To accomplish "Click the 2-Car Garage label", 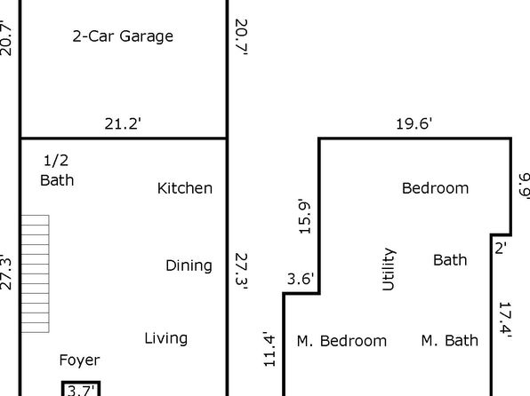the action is [123, 36].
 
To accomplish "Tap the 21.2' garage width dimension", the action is [123, 124].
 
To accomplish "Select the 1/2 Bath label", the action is [57, 170].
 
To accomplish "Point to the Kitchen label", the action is [185, 188].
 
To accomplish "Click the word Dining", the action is [189, 266].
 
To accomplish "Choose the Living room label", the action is [166, 338].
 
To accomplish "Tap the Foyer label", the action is [79, 360].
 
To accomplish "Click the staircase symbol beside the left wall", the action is [36, 273].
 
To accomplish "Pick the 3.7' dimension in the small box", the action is [81, 391].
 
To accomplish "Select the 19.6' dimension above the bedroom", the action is [414, 124].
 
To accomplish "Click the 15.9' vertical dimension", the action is [304, 217].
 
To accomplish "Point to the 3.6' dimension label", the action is [301, 279].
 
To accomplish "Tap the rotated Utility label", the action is [389, 269].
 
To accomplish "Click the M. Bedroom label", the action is [341, 341].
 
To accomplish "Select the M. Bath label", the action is [450, 341].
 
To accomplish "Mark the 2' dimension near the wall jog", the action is [501, 249].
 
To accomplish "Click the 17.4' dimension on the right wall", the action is [506, 320].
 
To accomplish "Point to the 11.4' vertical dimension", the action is [269, 349].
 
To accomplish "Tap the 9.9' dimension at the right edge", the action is [525, 186].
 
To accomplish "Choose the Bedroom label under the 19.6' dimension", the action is [436, 188].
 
